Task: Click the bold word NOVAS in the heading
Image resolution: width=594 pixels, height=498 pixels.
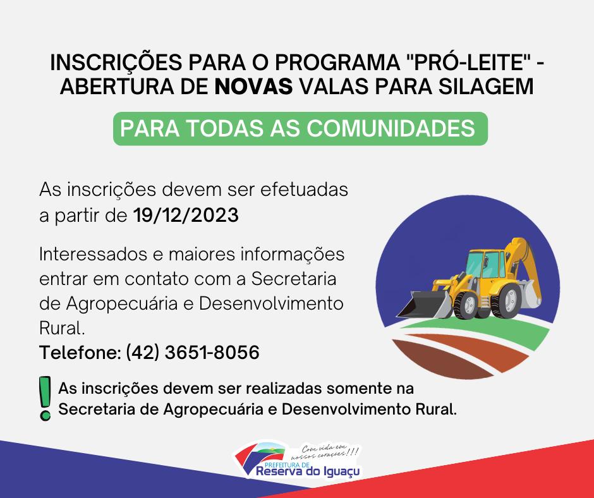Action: (x=253, y=86)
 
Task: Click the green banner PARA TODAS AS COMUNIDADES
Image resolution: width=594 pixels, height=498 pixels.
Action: (x=300, y=128)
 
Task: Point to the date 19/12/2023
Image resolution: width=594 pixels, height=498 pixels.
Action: (x=186, y=216)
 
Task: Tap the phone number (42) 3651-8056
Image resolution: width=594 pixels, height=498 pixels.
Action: (x=193, y=353)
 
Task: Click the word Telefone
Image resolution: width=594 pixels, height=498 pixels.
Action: (x=80, y=353)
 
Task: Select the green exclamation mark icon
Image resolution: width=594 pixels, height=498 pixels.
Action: (x=45, y=398)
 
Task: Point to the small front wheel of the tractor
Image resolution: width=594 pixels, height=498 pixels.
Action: (x=466, y=305)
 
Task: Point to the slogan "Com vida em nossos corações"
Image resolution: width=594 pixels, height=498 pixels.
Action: (x=329, y=451)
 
